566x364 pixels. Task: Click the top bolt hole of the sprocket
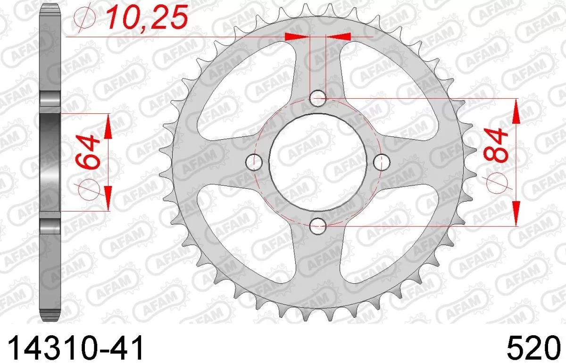(x=318, y=99)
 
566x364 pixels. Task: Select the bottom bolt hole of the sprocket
(x=318, y=226)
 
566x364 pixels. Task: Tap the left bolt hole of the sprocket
(x=255, y=162)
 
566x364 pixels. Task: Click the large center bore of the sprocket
(x=318, y=162)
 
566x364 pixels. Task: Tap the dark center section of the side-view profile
(x=50, y=161)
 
